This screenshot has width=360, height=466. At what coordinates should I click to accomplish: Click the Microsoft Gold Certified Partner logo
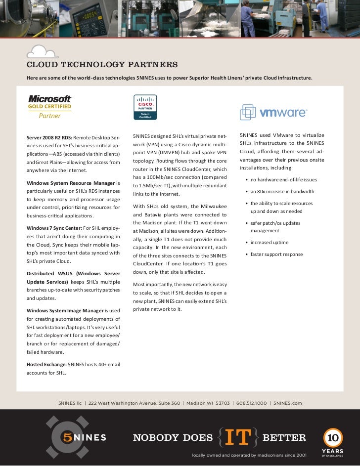[50, 107]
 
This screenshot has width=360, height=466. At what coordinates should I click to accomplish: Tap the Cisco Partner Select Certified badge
[145, 107]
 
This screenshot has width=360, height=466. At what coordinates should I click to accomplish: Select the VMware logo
[273, 113]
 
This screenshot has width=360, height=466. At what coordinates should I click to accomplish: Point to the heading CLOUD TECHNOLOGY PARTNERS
[102, 65]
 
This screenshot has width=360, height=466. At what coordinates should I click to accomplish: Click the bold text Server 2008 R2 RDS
[49, 136]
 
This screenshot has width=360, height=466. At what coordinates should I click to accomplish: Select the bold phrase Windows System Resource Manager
[70, 183]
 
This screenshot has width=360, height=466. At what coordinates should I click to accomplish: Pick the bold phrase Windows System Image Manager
[65, 310]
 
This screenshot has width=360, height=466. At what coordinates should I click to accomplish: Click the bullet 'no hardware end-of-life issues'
[283, 180]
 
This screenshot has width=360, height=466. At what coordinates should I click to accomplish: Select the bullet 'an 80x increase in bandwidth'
[282, 192]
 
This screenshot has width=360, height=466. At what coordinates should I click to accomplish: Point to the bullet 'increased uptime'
[269, 243]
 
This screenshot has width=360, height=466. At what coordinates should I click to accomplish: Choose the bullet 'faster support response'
[276, 254]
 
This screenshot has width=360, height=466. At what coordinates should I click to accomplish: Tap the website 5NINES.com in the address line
[287, 403]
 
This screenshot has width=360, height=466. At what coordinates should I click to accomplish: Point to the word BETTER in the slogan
[284, 437]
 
